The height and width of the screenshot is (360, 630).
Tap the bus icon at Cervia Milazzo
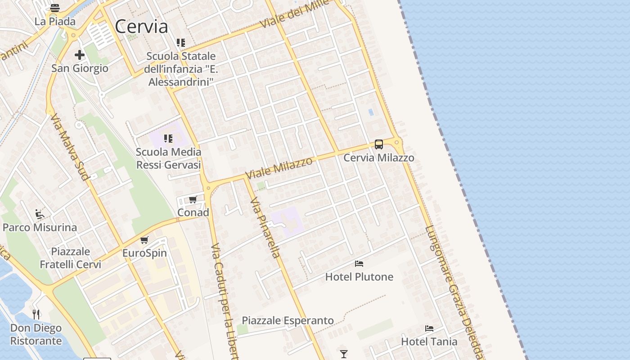pyautogui.click(x=379, y=144)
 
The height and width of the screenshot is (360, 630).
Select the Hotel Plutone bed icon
pyautogui.click(x=359, y=264)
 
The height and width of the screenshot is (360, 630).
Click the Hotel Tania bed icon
pyautogui.click(x=429, y=328)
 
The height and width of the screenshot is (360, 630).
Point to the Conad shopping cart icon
pyautogui.click(x=193, y=199)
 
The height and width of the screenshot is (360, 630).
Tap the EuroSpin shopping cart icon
pyautogui.click(x=144, y=240)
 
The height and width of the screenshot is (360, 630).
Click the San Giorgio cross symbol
pyautogui.click(x=80, y=55)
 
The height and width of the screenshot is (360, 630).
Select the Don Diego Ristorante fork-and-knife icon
pyautogui.click(x=36, y=314)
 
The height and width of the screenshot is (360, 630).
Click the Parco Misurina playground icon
pyautogui.click(x=40, y=214)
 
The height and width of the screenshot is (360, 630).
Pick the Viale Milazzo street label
pyautogui.click(x=279, y=168)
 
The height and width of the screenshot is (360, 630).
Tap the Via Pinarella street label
pyautogui.click(x=265, y=227)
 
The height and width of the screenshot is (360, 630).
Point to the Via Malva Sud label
pyautogui.click(x=70, y=147)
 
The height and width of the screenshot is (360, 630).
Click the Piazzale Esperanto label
pyautogui.click(x=288, y=320)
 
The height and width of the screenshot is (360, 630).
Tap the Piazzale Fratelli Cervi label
pyautogui.click(x=71, y=258)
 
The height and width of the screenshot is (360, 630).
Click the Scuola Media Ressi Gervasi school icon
pyautogui.click(x=168, y=138)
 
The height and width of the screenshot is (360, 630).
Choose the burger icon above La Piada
pyautogui.click(x=55, y=8)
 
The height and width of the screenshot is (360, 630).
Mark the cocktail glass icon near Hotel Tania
pyautogui.click(x=344, y=354)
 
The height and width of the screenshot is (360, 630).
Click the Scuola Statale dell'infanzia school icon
pyautogui.click(x=181, y=43)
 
